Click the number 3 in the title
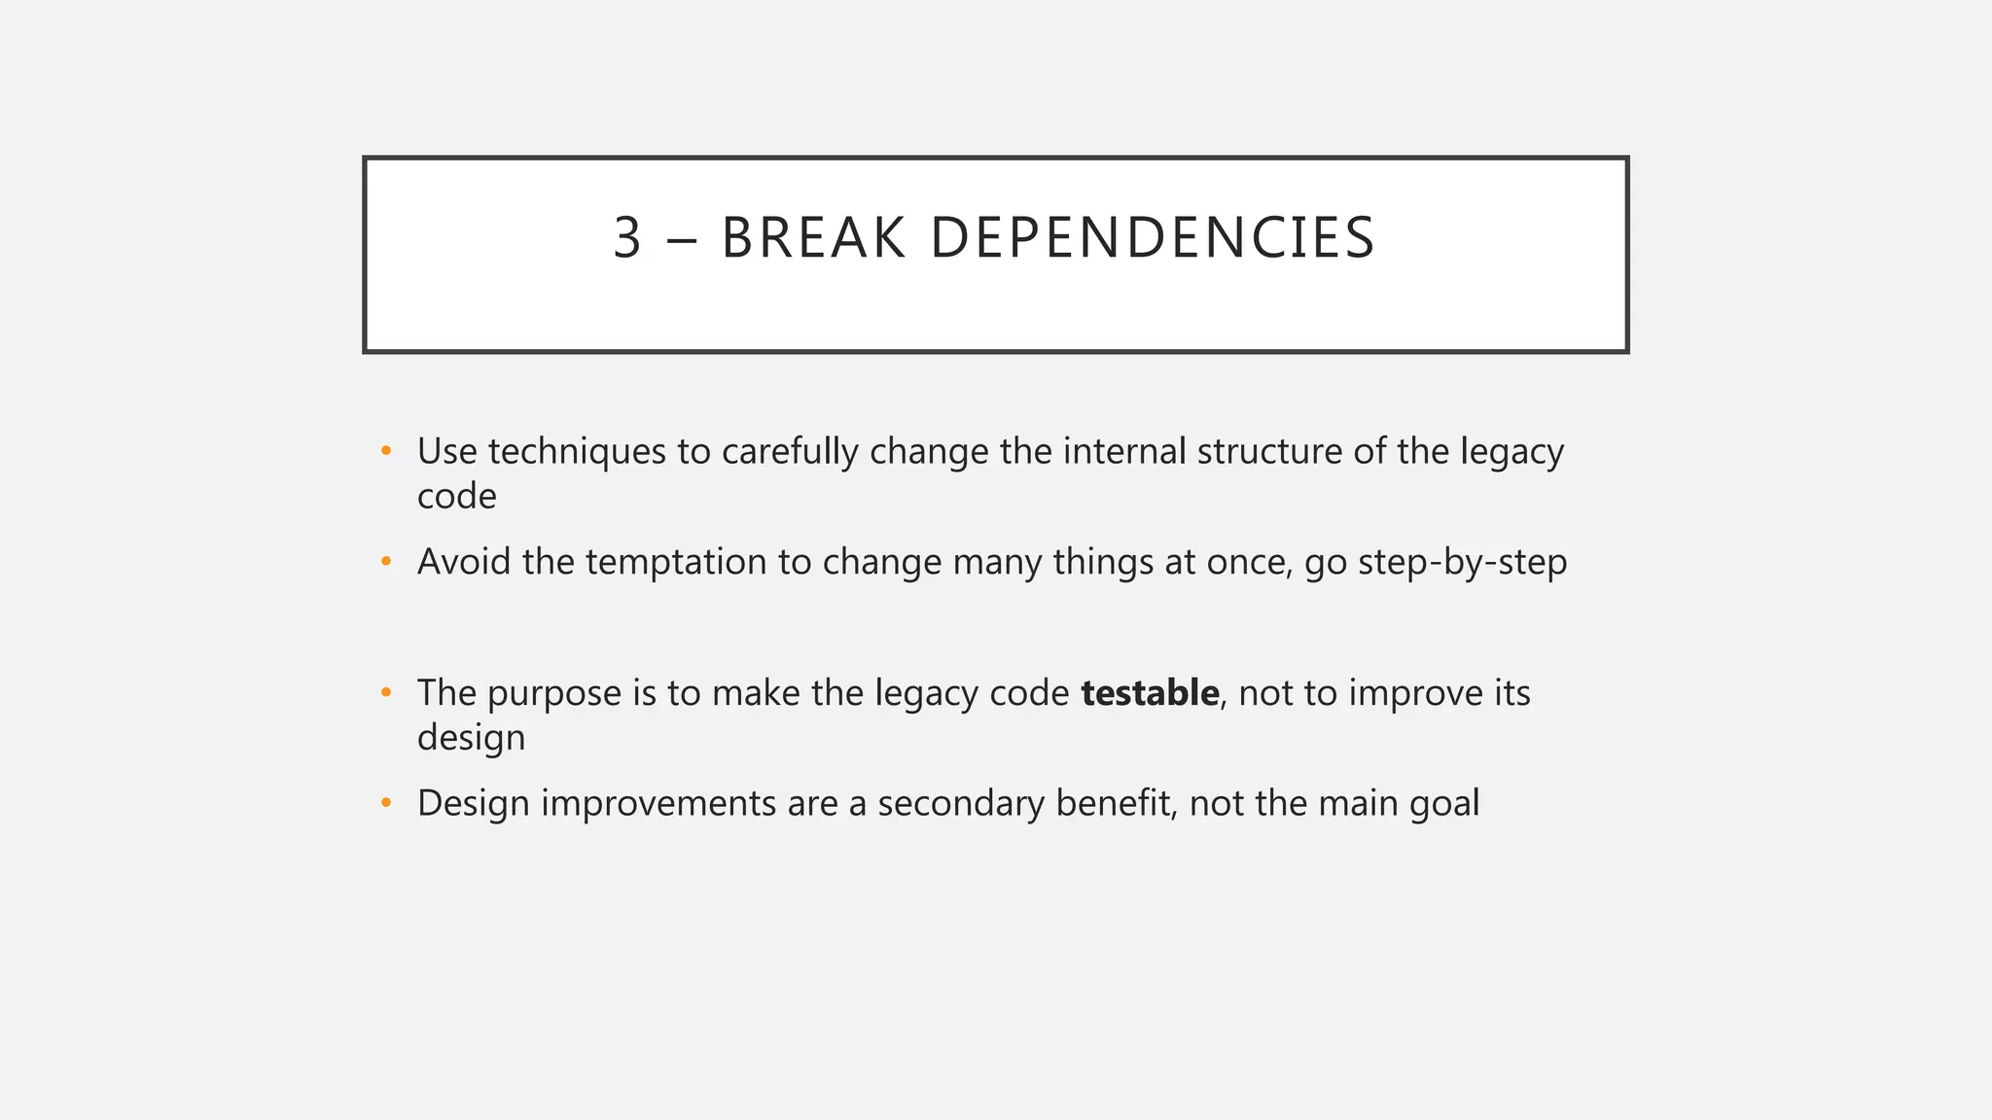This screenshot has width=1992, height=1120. (x=627, y=238)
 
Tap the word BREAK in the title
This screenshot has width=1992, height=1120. (x=813, y=238)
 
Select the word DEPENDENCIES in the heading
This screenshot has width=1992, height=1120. (x=1153, y=238)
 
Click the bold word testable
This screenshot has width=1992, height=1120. (x=1150, y=693)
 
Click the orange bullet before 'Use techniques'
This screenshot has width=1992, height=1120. (x=386, y=451)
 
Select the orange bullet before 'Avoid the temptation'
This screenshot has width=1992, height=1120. (x=386, y=562)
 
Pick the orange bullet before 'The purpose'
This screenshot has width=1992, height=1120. (x=386, y=693)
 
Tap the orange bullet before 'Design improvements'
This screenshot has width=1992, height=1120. (x=386, y=803)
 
